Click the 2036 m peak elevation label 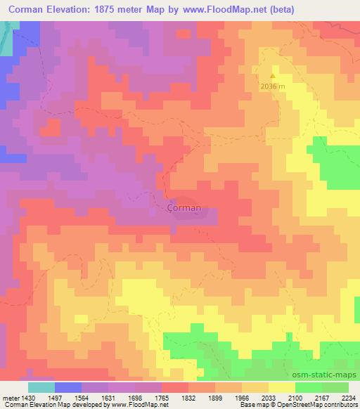[x=274, y=86]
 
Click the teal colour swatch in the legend [x=41, y=387]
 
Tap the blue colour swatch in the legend [x=68, y=387]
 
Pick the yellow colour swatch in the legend [x=282, y=387]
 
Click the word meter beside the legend [x=10, y=398]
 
